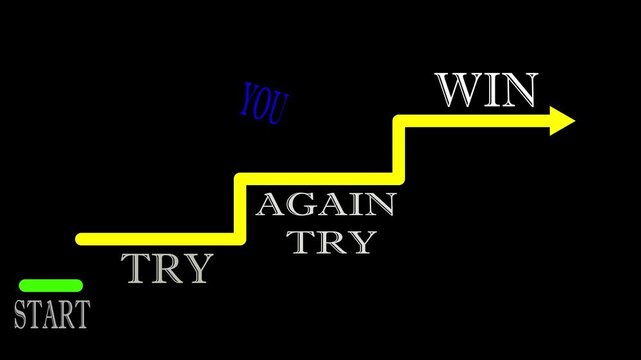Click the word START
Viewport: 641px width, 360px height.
[51, 314]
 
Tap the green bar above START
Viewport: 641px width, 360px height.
[51, 286]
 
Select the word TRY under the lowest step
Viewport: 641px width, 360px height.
[167, 268]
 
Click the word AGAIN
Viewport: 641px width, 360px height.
[326, 206]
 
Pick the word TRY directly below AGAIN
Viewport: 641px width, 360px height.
[331, 241]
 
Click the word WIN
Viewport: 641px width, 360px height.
[487, 92]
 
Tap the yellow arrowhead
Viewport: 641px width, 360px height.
[561, 122]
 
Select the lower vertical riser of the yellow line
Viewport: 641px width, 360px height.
[240, 209]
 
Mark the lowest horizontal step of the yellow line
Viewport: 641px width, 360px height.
[160, 239]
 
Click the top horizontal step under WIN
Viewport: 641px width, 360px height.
[470, 122]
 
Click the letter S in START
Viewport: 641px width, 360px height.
[21, 314]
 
